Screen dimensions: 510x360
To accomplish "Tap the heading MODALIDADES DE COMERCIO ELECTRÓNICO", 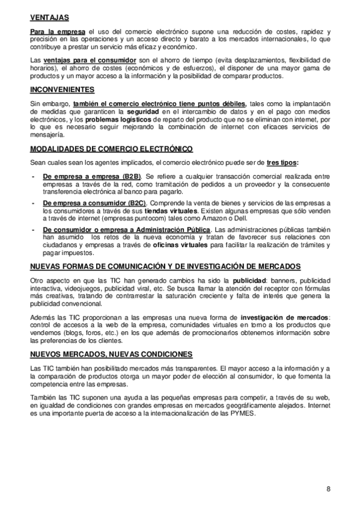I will click(103, 149).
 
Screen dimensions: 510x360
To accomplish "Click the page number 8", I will click(329, 488).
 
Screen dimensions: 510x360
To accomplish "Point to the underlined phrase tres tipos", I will click(282, 163).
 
